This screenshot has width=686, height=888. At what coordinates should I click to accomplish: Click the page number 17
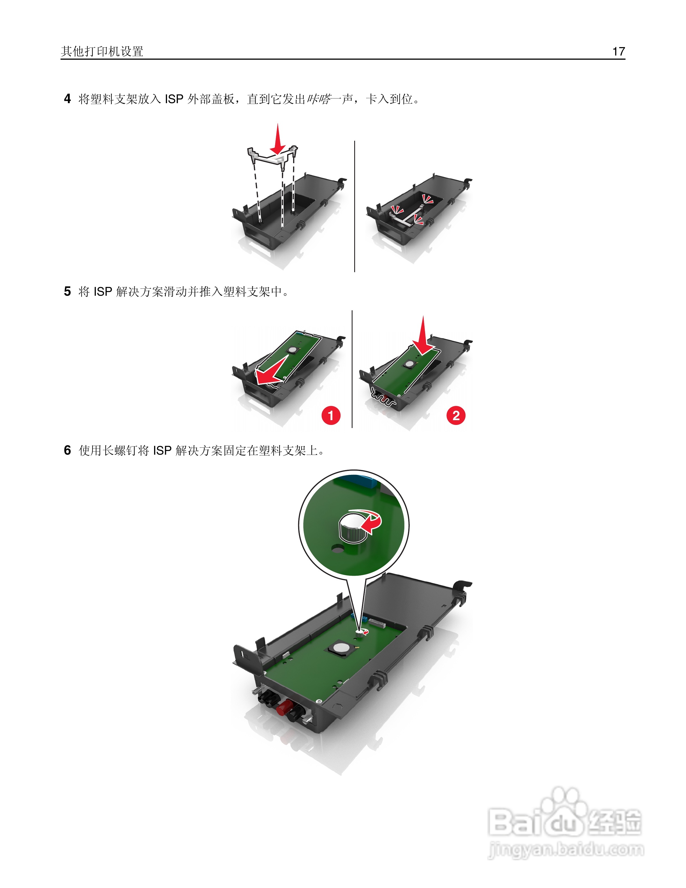618,51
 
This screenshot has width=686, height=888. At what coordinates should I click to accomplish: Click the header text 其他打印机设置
102,51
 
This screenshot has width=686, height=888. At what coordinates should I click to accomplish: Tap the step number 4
68,99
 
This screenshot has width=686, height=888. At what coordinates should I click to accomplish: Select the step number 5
68,292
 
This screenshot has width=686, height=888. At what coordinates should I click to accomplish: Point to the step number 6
68,450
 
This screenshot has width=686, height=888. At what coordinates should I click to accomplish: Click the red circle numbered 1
331,415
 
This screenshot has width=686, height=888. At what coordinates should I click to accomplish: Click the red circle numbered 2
456,415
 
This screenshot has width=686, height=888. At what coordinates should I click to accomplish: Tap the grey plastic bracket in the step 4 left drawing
272,156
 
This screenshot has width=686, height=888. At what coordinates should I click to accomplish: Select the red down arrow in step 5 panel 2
423,336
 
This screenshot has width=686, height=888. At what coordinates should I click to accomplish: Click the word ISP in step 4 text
174,99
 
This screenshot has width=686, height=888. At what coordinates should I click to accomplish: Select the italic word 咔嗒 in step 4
319,99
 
